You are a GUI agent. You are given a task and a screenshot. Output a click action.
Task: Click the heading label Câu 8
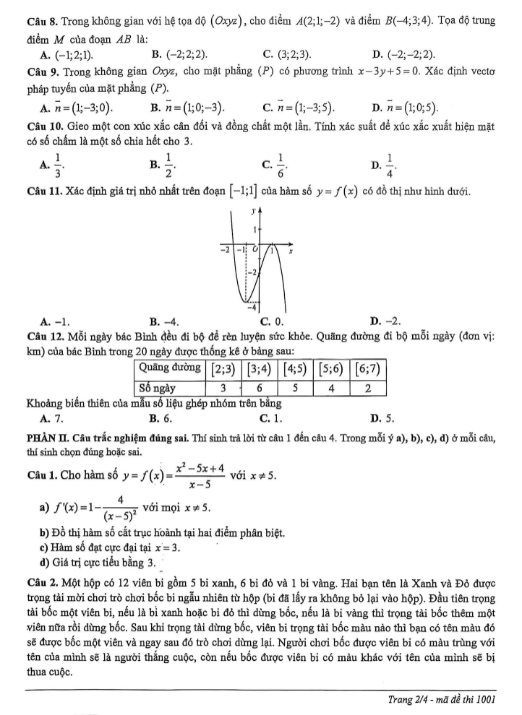[40, 20]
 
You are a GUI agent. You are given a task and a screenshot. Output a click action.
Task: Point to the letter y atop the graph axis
[252, 211]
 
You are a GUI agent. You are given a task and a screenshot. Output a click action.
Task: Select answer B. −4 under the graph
[165, 321]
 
